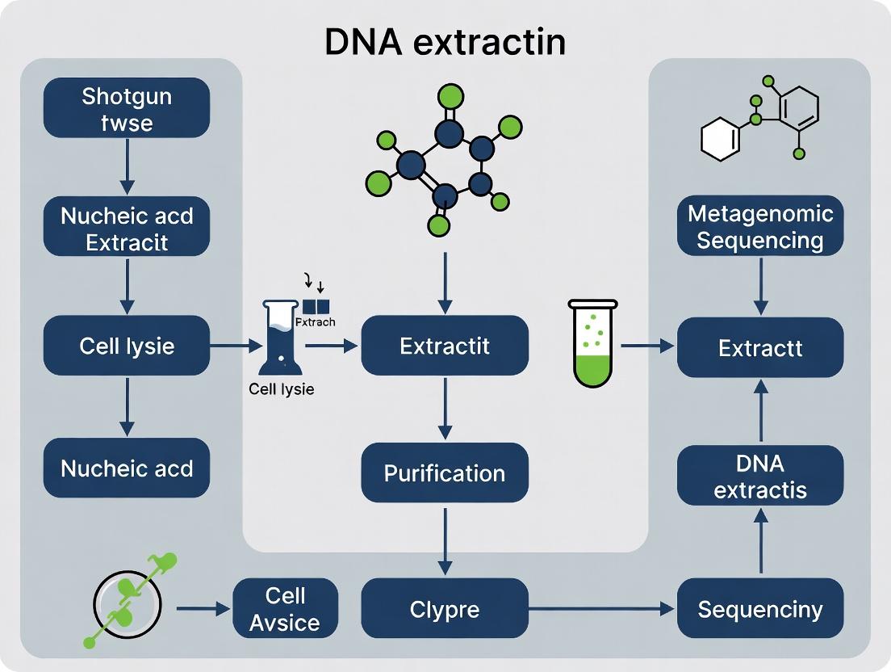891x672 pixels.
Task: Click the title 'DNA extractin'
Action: [445, 42]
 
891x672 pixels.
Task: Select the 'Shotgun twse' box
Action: [127, 109]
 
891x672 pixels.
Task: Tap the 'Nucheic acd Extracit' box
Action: [127, 229]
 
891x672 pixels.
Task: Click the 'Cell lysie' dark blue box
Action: [127, 346]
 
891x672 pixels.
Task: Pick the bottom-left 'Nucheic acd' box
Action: [127, 468]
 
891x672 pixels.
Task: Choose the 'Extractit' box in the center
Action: [445, 346]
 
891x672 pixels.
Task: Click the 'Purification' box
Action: [445, 472]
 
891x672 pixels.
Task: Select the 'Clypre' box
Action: [445, 609]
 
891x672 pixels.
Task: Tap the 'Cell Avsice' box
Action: [285, 609]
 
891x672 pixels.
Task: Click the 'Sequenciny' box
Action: [760, 609]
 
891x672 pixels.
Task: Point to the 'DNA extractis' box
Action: [760, 476]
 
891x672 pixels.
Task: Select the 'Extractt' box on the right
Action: [760, 347]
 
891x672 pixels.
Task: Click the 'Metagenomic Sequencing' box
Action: [760, 227]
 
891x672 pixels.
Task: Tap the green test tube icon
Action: [593, 342]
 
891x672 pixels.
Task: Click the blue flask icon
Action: [280, 338]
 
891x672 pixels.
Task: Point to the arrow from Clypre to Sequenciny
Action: [601, 609]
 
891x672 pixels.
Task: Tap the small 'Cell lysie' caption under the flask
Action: [281, 388]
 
